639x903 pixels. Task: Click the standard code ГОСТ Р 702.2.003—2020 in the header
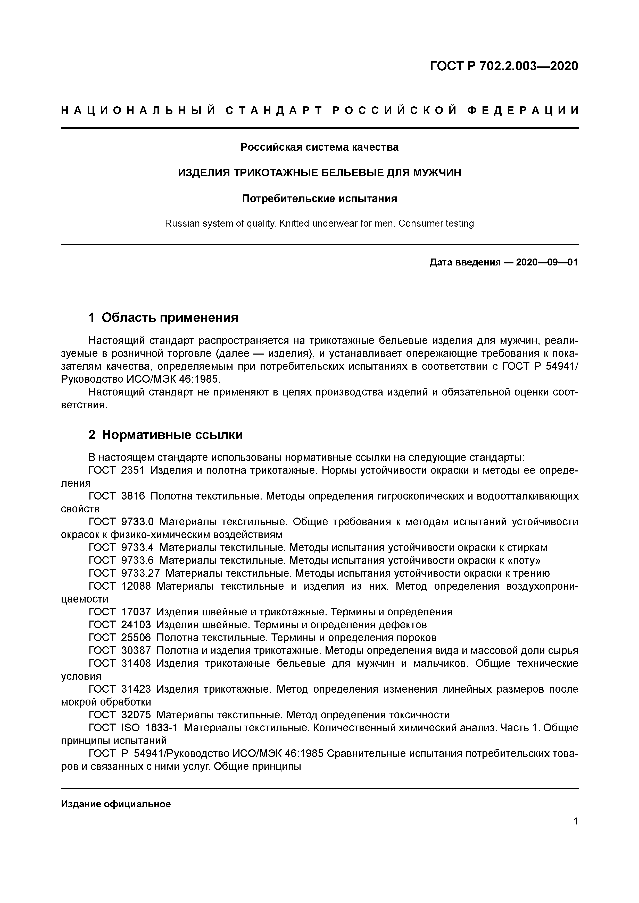[x=504, y=66]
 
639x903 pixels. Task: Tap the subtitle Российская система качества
[x=319, y=147]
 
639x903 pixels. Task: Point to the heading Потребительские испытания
[x=319, y=199]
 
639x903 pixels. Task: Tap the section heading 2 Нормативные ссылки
[x=165, y=435]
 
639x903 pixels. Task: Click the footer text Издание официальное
[x=116, y=804]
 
